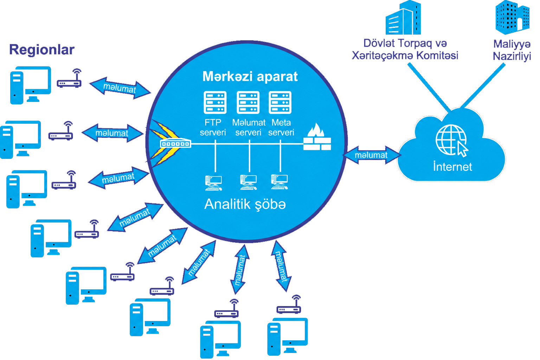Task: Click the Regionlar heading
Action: pyautogui.click(x=42, y=50)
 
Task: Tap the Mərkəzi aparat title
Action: pyautogui.click(x=250, y=76)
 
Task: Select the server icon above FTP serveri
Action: pyautogui.click(x=215, y=102)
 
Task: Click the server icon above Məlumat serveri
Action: pyautogui.click(x=248, y=102)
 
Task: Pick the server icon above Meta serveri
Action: pyautogui.click(x=280, y=102)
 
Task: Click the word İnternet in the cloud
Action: pyautogui.click(x=452, y=167)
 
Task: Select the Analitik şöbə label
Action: pyautogui.click(x=245, y=204)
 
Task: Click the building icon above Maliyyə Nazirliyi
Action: pyautogui.click(x=512, y=17)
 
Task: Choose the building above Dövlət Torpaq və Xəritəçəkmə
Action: pyautogui.click(x=403, y=17)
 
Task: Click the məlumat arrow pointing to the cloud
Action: pyautogui.click(x=372, y=155)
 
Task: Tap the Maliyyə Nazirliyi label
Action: pyautogui.click(x=512, y=50)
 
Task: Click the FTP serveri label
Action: pyautogui.click(x=213, y=128)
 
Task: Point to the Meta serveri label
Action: pyautogui.click(x=281, y=128)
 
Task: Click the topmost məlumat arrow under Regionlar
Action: pyautogui.click(x=120, y=88)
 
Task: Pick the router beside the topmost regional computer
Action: pyautogui.click(x=69, y=78)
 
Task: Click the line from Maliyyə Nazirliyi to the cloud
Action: pyautogui.click(x=483, y=85)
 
